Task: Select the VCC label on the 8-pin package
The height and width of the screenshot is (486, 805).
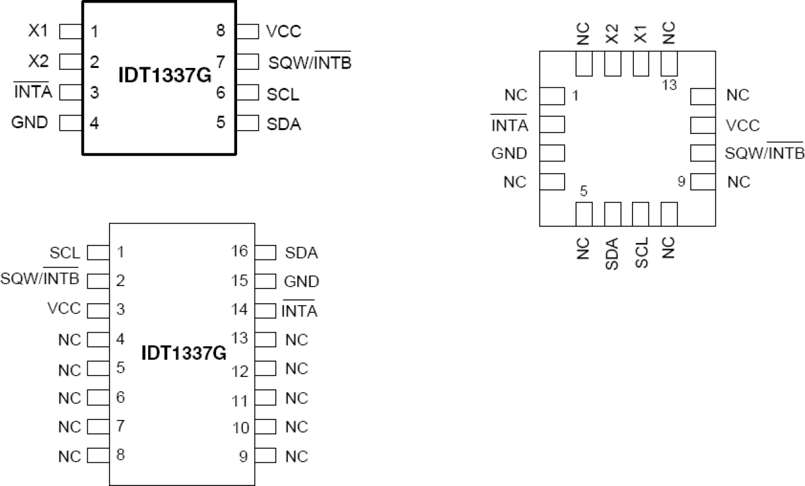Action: [x=283, y=31]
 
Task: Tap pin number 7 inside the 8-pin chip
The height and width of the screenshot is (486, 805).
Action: [x=220, y=62]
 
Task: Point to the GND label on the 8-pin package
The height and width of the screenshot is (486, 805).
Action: [x=29, y=122]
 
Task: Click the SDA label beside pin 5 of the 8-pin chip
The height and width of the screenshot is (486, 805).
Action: [x=283, y=124]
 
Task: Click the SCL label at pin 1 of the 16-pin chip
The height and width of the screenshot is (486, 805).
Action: [x=65, y=253]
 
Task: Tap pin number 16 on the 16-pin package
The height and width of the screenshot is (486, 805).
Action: [x=238, y=251]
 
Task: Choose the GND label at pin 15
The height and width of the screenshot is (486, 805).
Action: [x=301, y=281]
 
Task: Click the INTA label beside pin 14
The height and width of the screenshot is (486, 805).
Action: [x=299, y=312]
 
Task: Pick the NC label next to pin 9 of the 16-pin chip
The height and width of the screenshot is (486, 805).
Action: [x=296, y=457]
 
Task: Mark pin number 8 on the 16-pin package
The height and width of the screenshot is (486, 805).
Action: [x=120, y=455]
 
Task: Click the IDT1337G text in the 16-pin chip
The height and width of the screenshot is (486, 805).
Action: [x=184, y=353]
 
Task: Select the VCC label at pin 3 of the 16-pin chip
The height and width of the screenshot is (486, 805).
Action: [x=64, y=308]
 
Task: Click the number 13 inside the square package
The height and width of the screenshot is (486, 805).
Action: [x=669, y=84]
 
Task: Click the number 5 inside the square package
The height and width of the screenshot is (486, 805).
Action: [x=583, y=191]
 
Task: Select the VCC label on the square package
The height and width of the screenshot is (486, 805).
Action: [x=743, y=124]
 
